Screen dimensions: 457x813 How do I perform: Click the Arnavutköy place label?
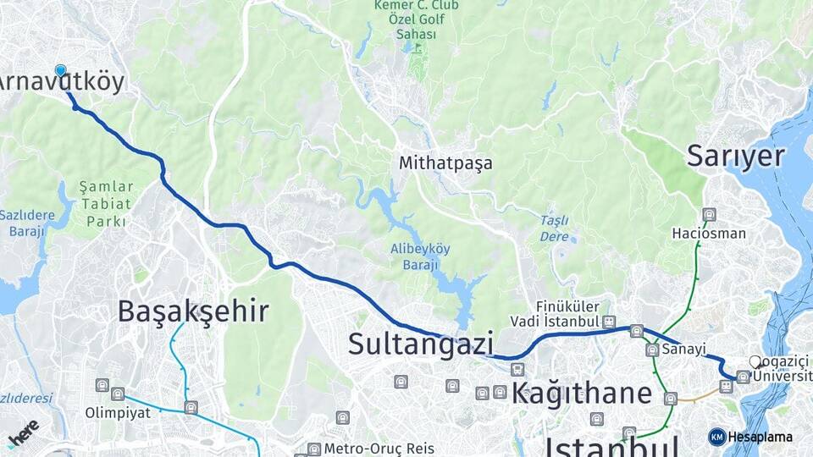(61, 82)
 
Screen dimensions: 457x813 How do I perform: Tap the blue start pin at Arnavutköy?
(60, 70)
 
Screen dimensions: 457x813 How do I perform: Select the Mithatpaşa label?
(445, 163)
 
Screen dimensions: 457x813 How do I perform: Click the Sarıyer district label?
(735, 157)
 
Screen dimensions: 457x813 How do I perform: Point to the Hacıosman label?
(709, 233)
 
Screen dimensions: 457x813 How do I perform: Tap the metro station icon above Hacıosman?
(709, 215)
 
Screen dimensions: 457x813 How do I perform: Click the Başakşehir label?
(193, 311)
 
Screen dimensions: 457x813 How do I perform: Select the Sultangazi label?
(421, 344)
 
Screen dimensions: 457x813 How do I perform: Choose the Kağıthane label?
(581, 393)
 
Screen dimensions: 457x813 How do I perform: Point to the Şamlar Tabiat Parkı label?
(106, 204)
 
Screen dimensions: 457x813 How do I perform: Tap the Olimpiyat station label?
(117, 413)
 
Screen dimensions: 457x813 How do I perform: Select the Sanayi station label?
(684, 349)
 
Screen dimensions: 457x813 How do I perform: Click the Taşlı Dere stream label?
(555, 228)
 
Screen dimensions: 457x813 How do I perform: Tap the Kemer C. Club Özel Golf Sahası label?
(416, 19)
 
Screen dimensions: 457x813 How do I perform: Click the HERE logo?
(23, 432)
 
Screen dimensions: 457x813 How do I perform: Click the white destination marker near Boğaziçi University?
(755, 362)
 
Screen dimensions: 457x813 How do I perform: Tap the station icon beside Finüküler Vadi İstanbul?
(609, 322)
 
